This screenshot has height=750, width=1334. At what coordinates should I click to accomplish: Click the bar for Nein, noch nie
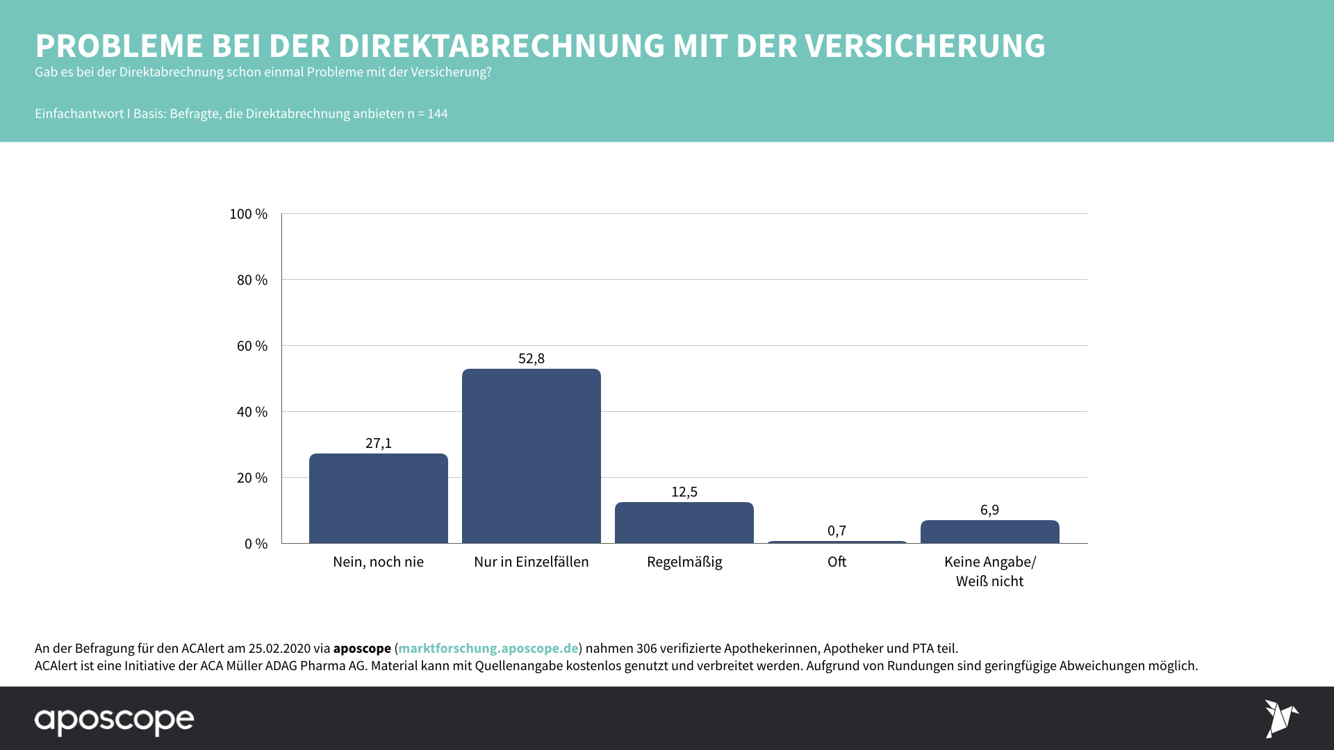coord(378,498)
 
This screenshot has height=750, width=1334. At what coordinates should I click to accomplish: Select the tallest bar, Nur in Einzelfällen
coord(531,456)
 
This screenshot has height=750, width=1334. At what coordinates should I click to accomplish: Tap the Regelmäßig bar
coord(684,522)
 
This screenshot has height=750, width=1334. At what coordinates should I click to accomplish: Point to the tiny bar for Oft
coord(837,542)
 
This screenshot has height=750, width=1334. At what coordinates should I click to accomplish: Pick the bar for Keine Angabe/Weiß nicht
coord(989,531)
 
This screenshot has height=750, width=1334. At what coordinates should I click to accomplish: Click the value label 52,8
coord(532,358)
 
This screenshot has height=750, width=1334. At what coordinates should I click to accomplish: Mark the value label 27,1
coord(379,443)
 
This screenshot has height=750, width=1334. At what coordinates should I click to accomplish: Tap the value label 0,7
coord(837,531)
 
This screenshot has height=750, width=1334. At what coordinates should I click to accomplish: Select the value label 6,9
coord(989,510)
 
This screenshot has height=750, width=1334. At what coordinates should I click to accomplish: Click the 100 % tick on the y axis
coord(248,214)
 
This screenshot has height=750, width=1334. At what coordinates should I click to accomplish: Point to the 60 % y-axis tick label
coord(252,346)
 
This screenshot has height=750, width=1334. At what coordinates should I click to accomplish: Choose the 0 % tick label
coord(256,544)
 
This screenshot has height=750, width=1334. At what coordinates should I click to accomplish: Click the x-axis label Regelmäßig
coord(684,562)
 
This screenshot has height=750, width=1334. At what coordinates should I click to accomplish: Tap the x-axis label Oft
coord(837,562)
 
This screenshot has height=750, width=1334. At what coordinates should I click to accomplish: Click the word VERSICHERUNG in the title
coord(925,46)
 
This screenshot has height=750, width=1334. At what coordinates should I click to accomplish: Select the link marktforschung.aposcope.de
coord(488,648)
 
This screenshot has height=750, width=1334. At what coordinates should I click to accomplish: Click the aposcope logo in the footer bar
coord(115,720)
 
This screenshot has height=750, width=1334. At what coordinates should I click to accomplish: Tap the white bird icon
coord(1281,718)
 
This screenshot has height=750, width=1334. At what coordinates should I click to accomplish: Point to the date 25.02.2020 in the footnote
coord(279,648)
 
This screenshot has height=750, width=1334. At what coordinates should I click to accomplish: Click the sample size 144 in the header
coord(437,114)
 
